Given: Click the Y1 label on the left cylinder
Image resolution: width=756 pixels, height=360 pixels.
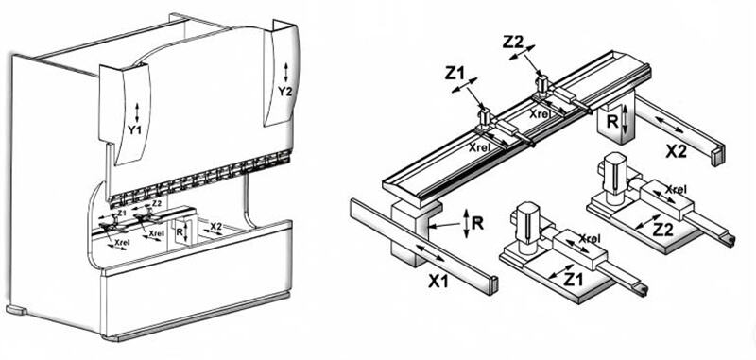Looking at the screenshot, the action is tap(134, 129).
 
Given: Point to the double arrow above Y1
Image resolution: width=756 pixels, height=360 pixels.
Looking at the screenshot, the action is tap(137, 112).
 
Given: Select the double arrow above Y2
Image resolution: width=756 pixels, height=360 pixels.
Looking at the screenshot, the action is tap(286, 73).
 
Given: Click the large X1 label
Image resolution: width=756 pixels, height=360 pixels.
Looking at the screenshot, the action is tap(438, 281).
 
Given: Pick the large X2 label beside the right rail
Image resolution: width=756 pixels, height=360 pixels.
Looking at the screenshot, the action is tap(677, 151).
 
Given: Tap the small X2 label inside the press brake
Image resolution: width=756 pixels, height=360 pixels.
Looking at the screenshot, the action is tap(215, 226).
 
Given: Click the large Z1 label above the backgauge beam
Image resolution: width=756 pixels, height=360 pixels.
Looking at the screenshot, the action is tap(455, 74).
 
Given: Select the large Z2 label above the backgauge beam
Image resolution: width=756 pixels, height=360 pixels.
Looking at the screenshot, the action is tap(512, 43).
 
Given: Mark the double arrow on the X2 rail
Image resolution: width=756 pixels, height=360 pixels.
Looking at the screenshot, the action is tap(670, 125).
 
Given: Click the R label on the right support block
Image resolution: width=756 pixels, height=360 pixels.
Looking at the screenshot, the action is tap(611, 122).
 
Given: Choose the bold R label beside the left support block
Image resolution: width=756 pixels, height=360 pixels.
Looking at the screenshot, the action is tap(477, 223).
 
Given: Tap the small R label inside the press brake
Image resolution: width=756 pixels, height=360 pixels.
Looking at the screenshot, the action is tap(180, 231).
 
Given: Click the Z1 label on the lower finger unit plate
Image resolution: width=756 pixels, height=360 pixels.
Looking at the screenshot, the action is tap(574, 279).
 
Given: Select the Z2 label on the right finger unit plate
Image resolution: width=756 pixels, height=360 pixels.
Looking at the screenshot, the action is tap(662, 230).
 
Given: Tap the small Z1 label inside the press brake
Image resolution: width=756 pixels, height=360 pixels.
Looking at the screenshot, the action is tap(122, 212).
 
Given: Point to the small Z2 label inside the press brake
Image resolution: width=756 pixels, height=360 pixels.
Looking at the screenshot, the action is tap(156, 204).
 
